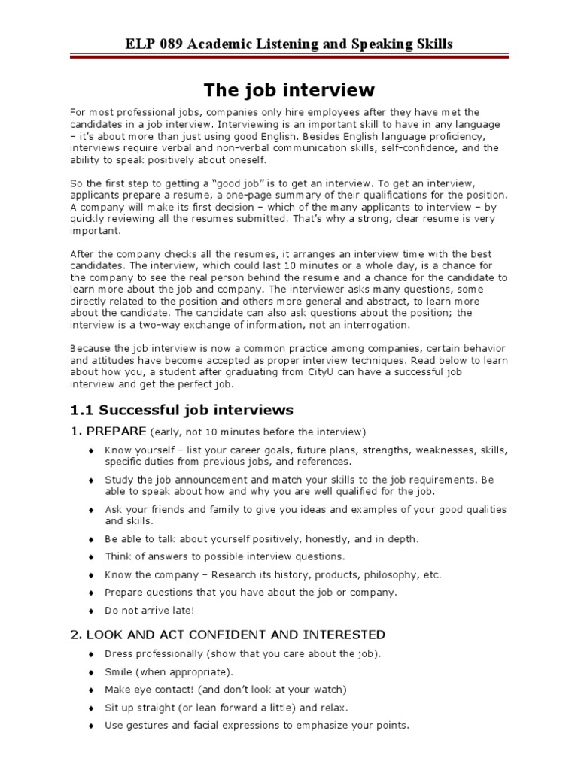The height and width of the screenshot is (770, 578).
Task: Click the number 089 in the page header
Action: click(x=163, y=44)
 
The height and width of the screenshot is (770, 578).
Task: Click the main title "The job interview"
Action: click(x=289, y=91)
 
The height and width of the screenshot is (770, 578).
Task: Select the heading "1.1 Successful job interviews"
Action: click(x=181, y=410)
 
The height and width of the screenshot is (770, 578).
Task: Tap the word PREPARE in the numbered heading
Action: click(x=117, y=432)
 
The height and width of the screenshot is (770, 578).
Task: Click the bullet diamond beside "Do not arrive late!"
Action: click(x=91, y=611)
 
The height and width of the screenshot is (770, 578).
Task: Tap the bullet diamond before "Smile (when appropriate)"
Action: click(x=91, y=672)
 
